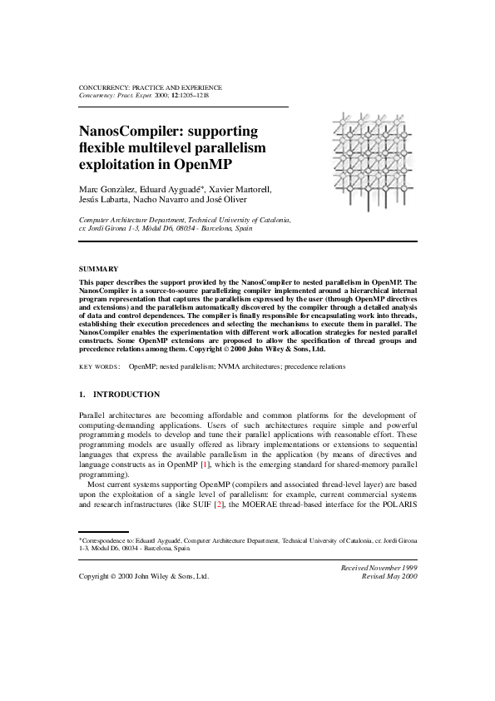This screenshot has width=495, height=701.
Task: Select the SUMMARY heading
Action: (98, 269)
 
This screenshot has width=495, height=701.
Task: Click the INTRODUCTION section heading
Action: (126, 394)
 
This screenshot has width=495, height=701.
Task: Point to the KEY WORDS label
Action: (99, 366)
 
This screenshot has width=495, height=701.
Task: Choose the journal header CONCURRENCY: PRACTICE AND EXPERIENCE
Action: (150, 87)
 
